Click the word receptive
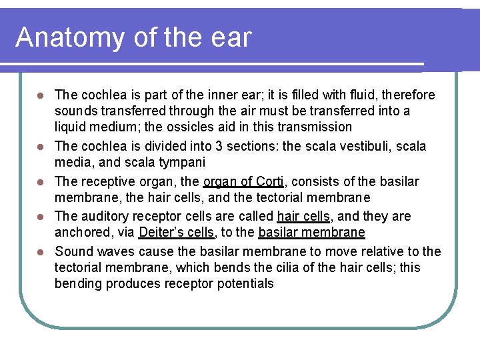(109, 181)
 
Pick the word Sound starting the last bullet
(73, 251)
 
